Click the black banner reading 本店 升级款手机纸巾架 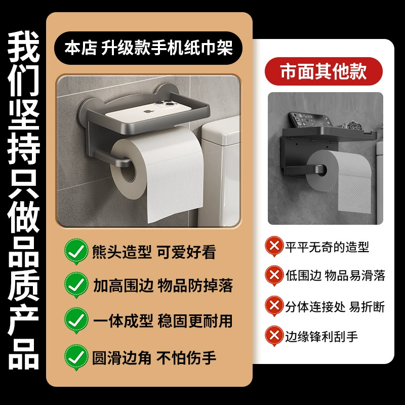[x=148, y=48]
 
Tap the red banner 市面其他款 [x=323, y=71]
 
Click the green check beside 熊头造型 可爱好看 [x=76, y=251]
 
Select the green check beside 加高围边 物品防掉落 [x=76, y=285]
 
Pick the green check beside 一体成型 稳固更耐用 [x=76, y=320]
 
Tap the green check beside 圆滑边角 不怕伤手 [x=76, y=357]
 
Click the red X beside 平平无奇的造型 [x=274, y=246]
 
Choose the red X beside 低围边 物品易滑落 [x=274, y=275]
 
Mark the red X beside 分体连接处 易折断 [x=274, y=306]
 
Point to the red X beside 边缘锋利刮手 [x=274, y=336]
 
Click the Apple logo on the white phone [x=149, y=112]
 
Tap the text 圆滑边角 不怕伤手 [x=154, y=358]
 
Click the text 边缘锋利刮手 [x=321, y=337]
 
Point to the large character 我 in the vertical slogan [x=23, y=47]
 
